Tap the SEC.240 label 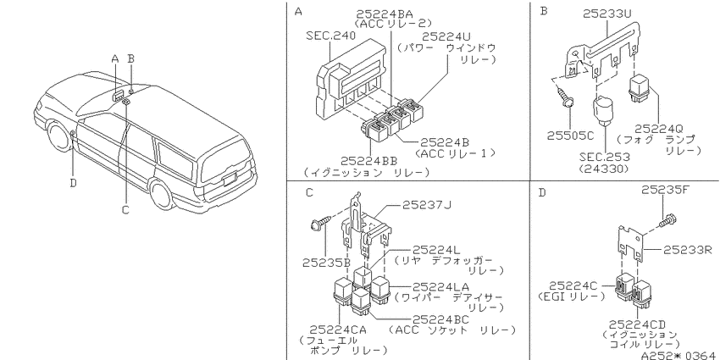coord(330,36)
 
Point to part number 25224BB coord(368,161)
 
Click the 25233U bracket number coord(607,14)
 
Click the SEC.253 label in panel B coord(604,157)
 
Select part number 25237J coord(427,205)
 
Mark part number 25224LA coord(440,286)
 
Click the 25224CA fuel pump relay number coord(338,330)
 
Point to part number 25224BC coord(440,319)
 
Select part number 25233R coord(688,250)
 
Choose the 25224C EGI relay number coord(573,286)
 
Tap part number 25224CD coord(637,324)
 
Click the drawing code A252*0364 coord(680,354)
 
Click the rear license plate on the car coord(230,178)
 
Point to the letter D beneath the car coord(74,183)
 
